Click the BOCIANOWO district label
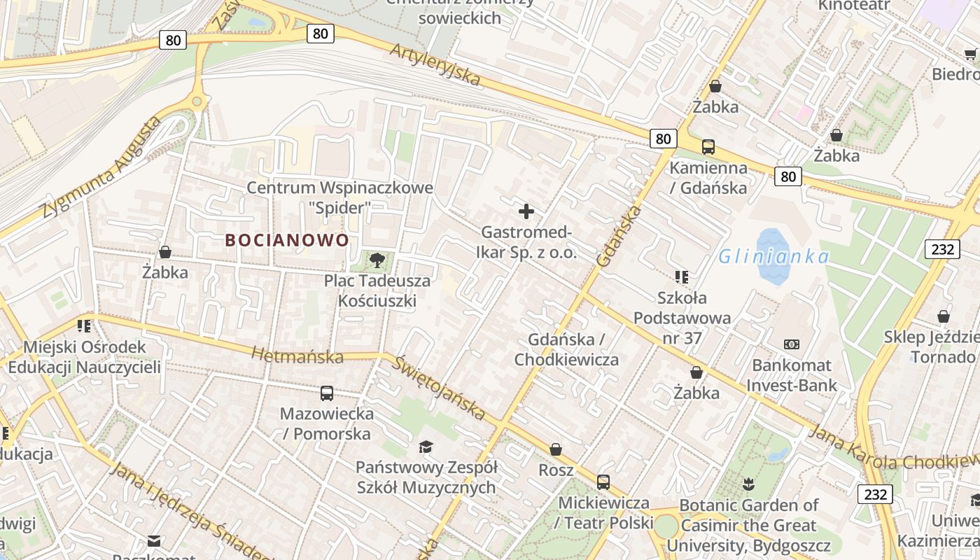pyautogui.click(x=287, y=240)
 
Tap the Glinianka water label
pyautogui.click(x=773, y=257)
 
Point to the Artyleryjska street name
pyautogui.click(x=435, y=65)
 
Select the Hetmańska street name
pyautogui.click(x=297, y=356)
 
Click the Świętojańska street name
pyautogui.click(x=439, y=387)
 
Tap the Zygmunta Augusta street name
pyautogui.click(x=101, y=169)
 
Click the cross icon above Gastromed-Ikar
pyautogui.click(x=526, y=211)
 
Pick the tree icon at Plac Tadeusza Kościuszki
pyautogui.click(x=377, y=260)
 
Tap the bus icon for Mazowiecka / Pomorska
pyautogui.click(x=327, y=393)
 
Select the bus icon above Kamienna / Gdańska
pyautogui.click(x=708, y=147)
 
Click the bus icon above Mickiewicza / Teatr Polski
pyautogui.click(x=603, y=482)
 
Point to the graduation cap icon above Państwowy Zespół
pyautogui.click(x=426, y=447)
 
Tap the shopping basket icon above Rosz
pyautogui.click(x=556, y=449)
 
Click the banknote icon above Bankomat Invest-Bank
pyautogui.click(x=792, y=344)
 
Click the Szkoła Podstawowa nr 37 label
pyautogui.click(x=682, y=318)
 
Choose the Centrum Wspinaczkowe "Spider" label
pyautogui.click(x=340, y=197)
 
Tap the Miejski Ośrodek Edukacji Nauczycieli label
pyautogui.click(x=85, y=357)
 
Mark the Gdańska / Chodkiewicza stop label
pyautogui.click(x=566, y=349)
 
